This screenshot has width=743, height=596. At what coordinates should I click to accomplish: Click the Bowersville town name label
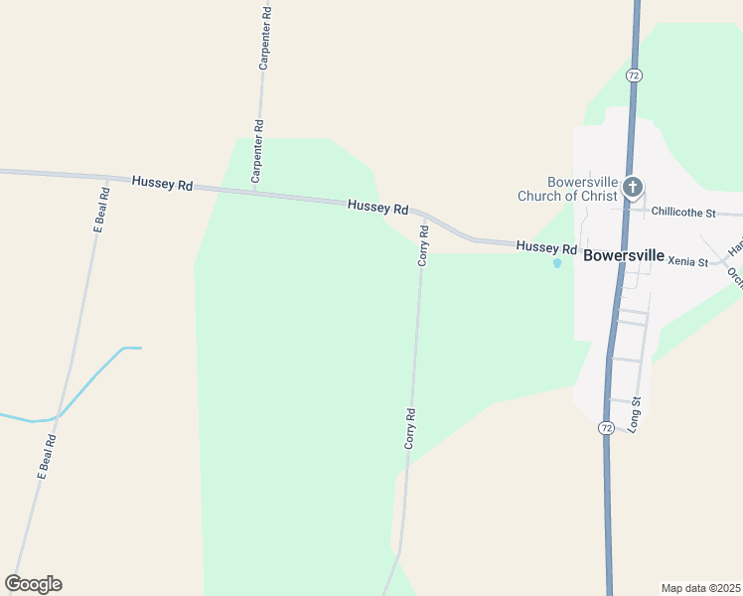pos(624,255)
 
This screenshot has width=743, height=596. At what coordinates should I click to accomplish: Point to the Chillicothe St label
pos(683,212)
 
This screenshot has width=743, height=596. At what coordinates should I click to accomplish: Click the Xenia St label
pos(688,262)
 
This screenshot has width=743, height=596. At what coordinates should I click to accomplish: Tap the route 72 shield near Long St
pos(605,427)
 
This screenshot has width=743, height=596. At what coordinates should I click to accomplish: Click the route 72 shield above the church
pos(634,75)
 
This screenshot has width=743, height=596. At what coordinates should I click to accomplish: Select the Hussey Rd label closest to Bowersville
pos(546,247)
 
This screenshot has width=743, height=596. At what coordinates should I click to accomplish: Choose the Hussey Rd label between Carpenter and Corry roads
pos(378,208)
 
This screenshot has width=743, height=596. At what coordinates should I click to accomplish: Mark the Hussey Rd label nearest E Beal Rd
pos(162,183)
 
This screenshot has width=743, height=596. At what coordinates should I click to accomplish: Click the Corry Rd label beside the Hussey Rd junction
pos(423,244)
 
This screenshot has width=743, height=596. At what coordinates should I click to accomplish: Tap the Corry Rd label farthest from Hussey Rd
pos(409,428)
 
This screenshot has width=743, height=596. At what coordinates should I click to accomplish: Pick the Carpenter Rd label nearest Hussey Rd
pos(257,152)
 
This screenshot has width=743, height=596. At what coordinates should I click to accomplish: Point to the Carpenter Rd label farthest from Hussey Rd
pos(264,39)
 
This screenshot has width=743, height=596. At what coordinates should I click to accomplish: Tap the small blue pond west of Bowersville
pos(556,263)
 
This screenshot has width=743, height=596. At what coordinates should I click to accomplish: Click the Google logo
pos(33,584)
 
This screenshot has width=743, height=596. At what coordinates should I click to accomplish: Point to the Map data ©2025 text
pos(700,588)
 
